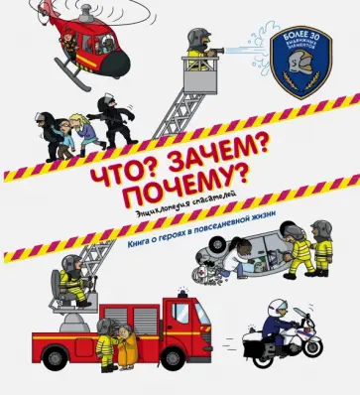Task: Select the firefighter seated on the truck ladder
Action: coord(70,284)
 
